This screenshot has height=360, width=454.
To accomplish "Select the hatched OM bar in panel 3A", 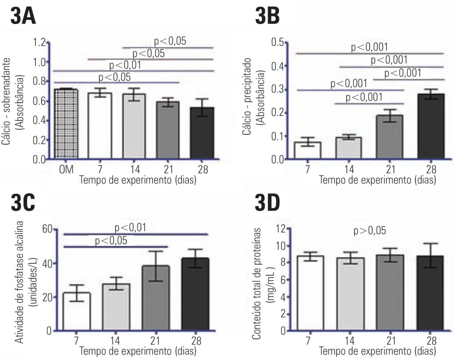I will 66,124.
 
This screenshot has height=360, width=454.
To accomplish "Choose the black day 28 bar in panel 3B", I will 431,126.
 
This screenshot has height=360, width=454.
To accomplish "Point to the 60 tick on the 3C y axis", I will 47,229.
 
